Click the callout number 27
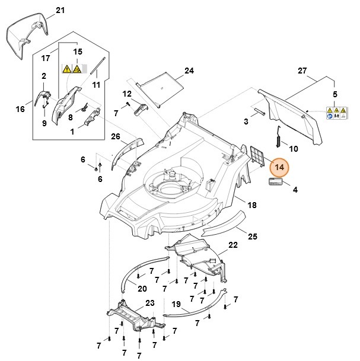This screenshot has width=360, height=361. (x=302, y=71)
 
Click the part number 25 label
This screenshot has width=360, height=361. (x=252, y=237)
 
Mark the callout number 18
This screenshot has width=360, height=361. (x=252, y=205)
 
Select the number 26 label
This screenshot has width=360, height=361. (x=116, y=136)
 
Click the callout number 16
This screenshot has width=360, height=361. (x=20, y=109)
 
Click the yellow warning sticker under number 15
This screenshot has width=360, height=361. (x=72, y=69)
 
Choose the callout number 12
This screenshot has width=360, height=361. (x=127, y=94)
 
